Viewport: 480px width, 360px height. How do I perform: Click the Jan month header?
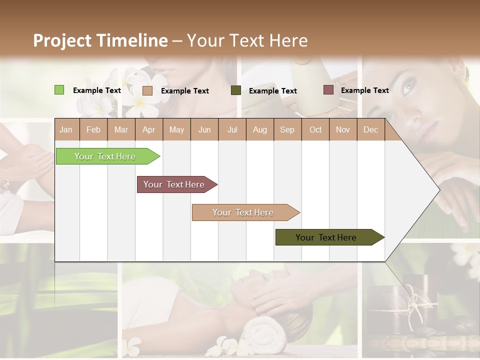click(x=66, y=129)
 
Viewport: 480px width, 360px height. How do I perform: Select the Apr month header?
click(x=148, y=129)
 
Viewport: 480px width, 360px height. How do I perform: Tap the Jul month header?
click(x=232, y=129)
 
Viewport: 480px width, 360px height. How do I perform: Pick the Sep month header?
click(x=287, y=129)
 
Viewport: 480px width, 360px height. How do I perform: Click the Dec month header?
click(x=370, y=129)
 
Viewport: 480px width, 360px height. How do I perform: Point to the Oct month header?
click(x=315, y=129)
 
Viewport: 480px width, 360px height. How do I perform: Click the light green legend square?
click(x=59, y=90)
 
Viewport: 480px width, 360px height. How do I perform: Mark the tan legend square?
click(x=147, y=90)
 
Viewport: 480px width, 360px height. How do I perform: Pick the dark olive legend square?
click(x=235, y=90)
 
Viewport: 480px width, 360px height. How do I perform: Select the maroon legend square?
click(x=328, y=90)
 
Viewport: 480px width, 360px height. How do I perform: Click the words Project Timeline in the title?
click(x=100, y=40)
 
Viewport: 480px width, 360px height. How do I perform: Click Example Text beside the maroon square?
click(x=364, y=90)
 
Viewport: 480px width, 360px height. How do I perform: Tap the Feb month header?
click(x=93, y=129)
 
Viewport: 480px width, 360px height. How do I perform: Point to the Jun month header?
click(x=204, y=129)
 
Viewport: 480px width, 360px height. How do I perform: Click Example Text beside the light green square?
click(x=96, y=90)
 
